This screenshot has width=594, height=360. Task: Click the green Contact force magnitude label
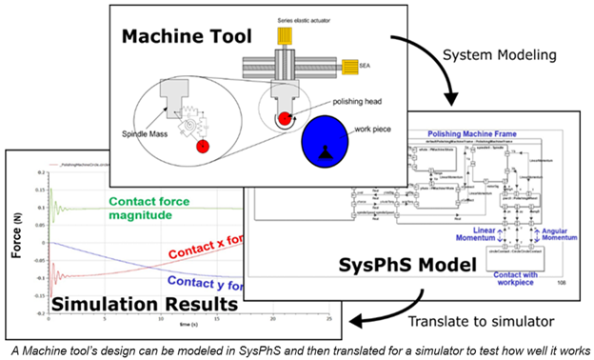153,208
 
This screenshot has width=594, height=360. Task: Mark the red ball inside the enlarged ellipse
202,146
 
